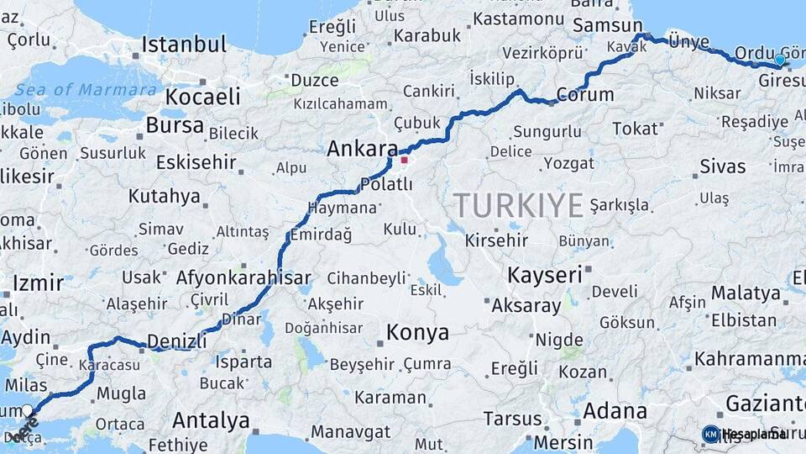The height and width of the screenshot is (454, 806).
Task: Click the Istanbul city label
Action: pyautogui.click(x=185, y=45)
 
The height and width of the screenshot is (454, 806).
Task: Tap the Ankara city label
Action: pyautogui.click(x=362, y=150)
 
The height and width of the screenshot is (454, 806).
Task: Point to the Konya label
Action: pyautogui.click(x=417, y=333)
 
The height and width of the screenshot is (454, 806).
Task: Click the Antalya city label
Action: pyautogui.click(x=211, y=420)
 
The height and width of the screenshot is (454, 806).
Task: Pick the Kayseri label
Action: pyautogui.click(x=545, y=275)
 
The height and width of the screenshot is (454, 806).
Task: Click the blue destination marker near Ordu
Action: pyautogui.click(x=780, y=60)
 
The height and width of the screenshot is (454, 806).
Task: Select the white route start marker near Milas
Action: pyautogui.click(x=28, y=410)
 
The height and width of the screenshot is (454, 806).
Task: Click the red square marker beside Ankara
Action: pyautogui.click(x=404, y=160)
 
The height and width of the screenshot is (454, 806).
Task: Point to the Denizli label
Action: pyautogui.click(x=176, y=341)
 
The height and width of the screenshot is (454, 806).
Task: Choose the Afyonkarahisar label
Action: pyautogui.click(x=243, y=277)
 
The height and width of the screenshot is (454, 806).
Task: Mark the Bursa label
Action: pyautogui.click(x=175, y=125)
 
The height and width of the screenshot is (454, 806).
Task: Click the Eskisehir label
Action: pyautogui.click(x=188, y=161)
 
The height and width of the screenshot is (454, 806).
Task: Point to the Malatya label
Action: pyautogui.click(x=746, y=293)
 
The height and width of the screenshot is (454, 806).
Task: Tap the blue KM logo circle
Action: pyautogui.click(x=710, y=434)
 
